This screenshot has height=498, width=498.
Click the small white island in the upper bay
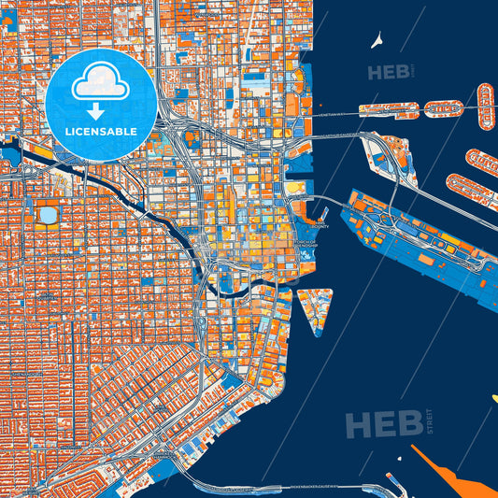pos(377,41)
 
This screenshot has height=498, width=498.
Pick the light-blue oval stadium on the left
pos(47,216)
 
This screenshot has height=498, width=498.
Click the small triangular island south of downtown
pos(313,308)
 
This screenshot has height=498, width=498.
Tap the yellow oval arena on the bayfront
pos(296,188)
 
